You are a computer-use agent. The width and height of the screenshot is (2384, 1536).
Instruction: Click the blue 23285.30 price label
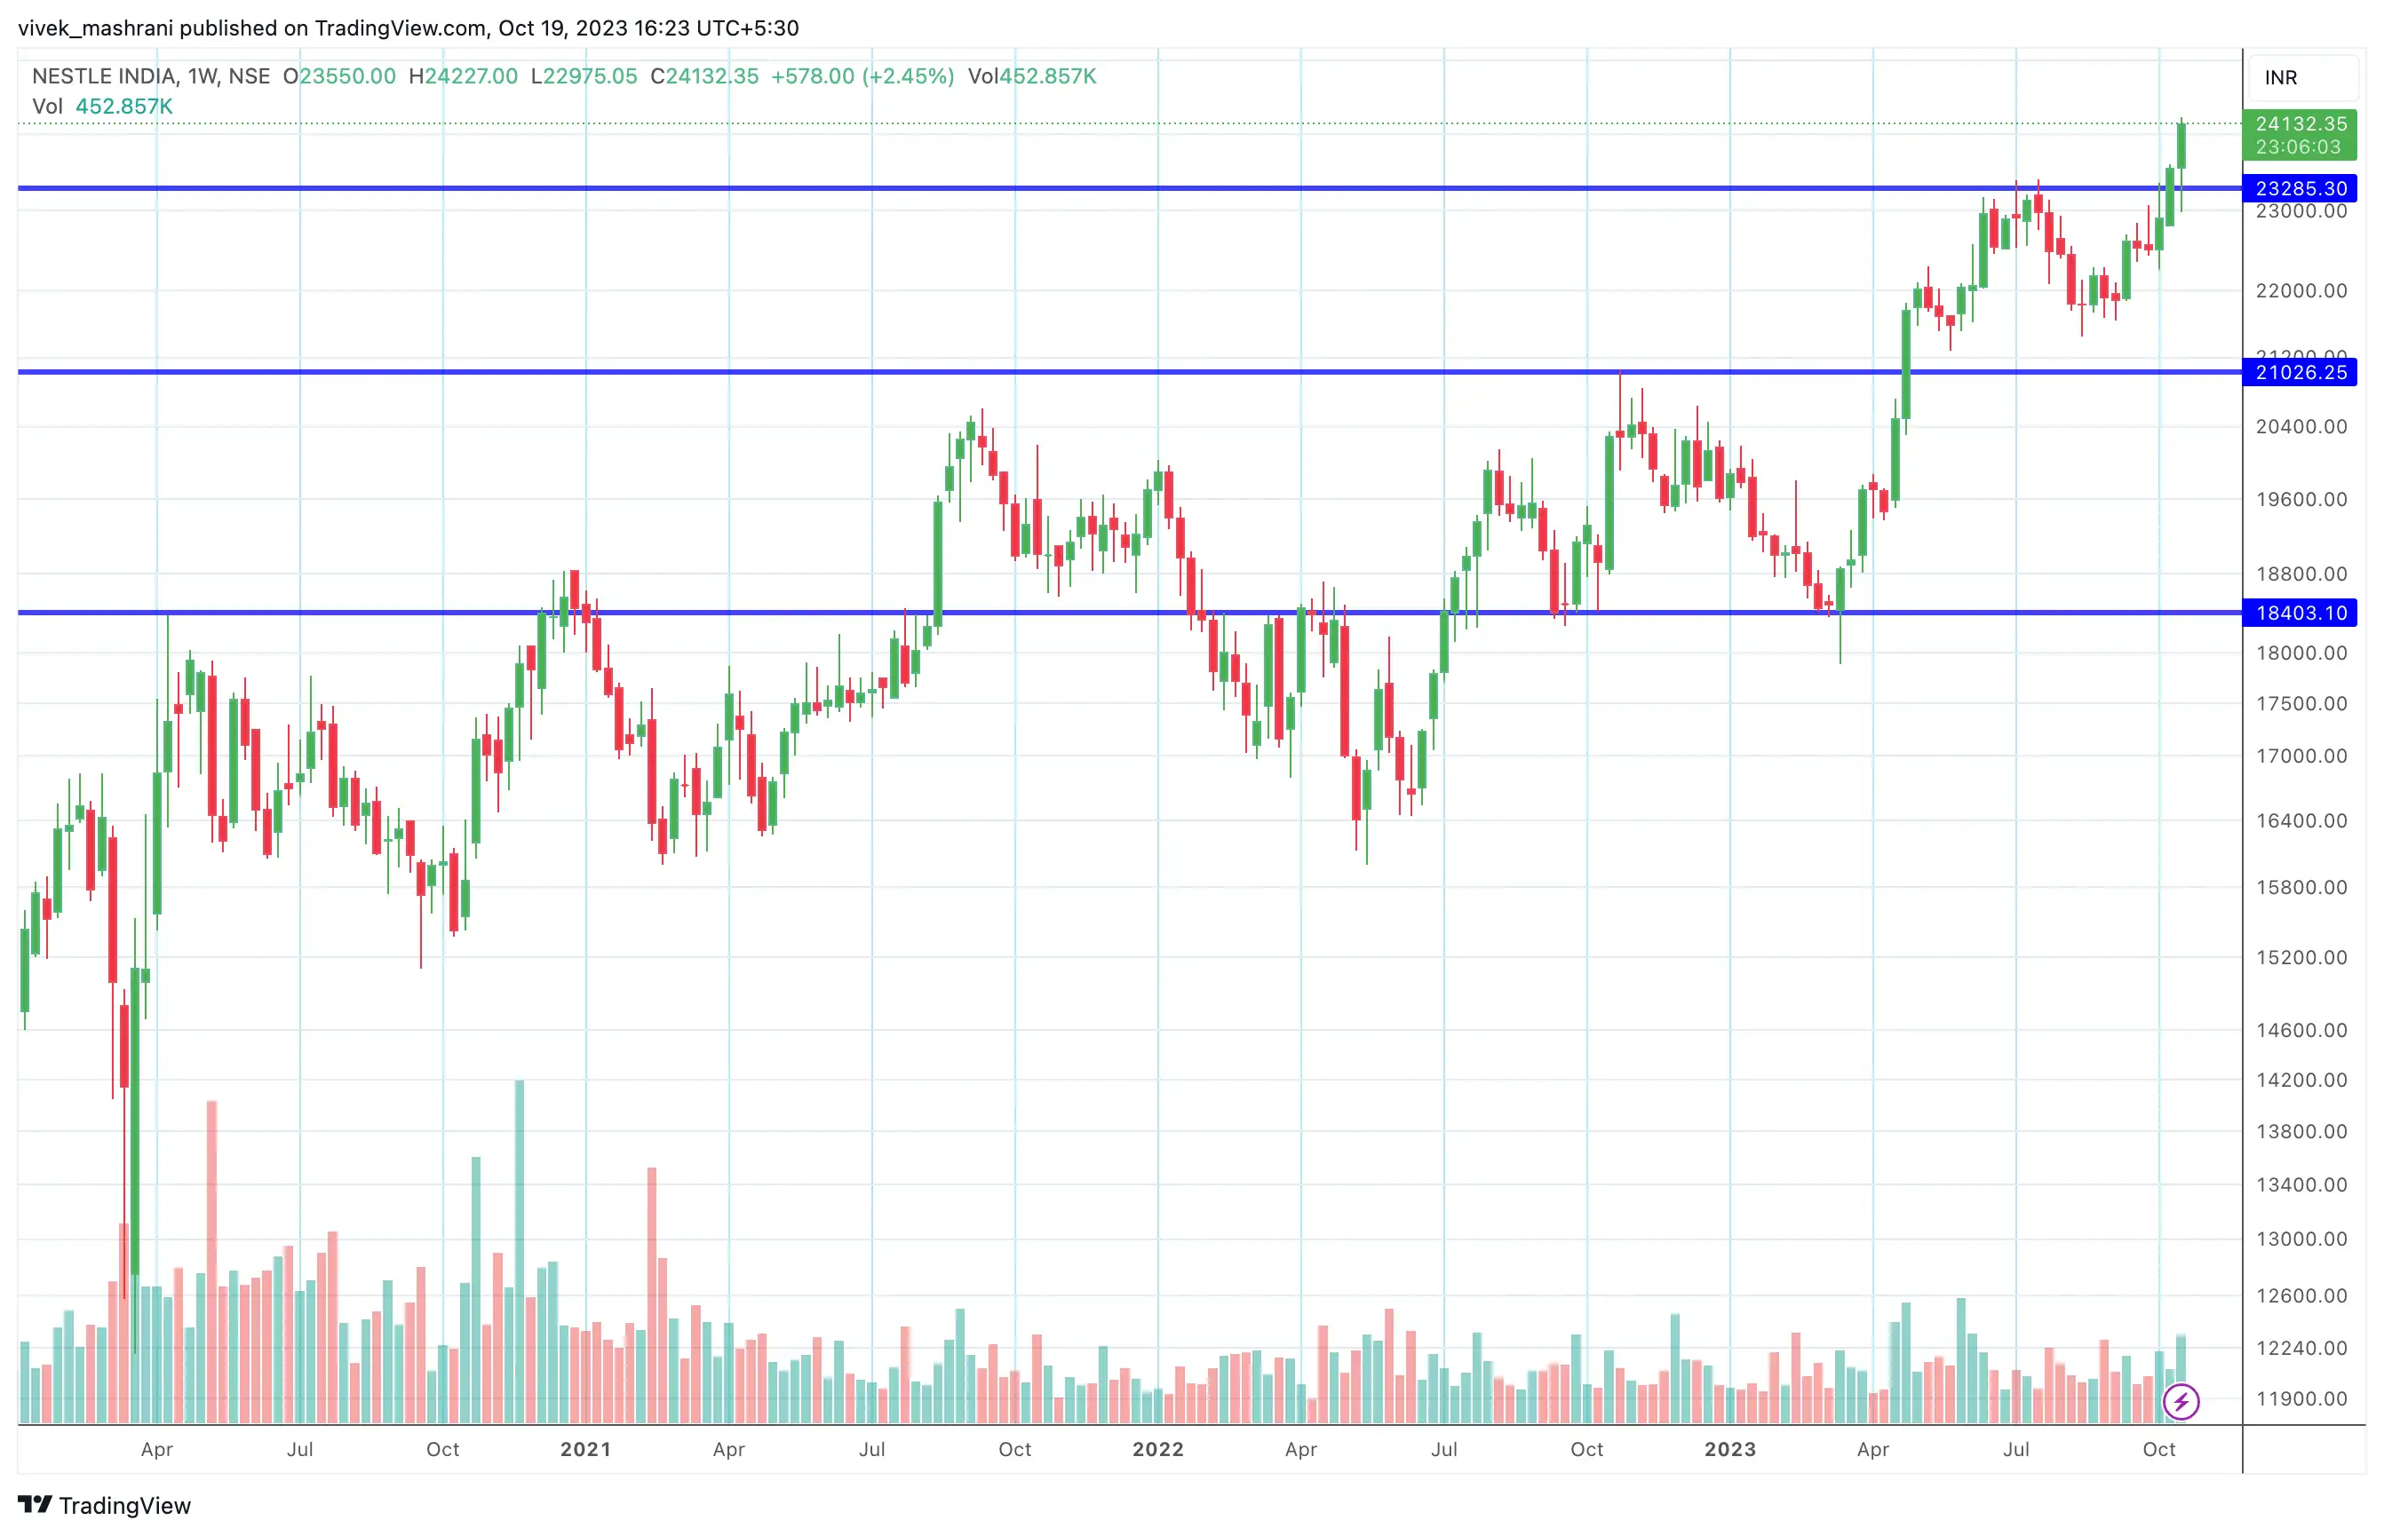pyautogui.click(x=2300, y=188)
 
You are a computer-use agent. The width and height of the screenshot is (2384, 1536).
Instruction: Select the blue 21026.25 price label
pyautogui.click(x=2300, y=373)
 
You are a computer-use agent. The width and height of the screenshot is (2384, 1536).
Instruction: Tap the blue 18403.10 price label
pyautogui.click(x=2300, y=613)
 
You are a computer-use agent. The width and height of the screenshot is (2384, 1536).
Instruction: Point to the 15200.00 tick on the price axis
pyautogui.click(x=2301, y=957)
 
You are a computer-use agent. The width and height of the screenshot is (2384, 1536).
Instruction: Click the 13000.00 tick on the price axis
pyautogui.click(x=2301, y=1239)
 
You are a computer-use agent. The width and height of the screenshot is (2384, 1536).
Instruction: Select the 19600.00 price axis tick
pyautogui.click(x=2301, y=500)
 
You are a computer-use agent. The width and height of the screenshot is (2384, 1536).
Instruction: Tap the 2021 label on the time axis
pyautogui.click(x=585, y=1449)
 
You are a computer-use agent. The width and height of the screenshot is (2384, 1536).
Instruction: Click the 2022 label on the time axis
pyautogui.click(x=1157, y=1449)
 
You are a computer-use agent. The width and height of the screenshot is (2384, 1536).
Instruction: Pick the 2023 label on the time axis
pyautogui.click(x=1729, y=1449)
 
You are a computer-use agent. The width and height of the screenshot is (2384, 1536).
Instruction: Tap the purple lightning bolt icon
pyautogui.click(x=2181, y=1401)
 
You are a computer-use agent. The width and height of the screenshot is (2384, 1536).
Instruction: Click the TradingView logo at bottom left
pyautogui.click(x=105, y=1505)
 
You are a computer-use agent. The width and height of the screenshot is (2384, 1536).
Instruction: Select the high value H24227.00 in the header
pyautogui.click(x=464, y=76)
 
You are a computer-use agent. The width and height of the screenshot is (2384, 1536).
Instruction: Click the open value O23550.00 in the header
pyautogui.click(x=339, y=76)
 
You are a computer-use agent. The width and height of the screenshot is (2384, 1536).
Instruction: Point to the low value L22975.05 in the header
pyautogui.click(x=584, y=76)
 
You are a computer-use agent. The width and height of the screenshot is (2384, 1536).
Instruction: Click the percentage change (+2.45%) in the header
pyautogui.click(x=909, y=76)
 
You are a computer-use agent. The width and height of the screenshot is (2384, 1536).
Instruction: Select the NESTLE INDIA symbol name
pyautogui.click(x=105, y=76)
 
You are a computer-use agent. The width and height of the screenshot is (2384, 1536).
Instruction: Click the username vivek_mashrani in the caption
pyautogui.click(x=95, y=28)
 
